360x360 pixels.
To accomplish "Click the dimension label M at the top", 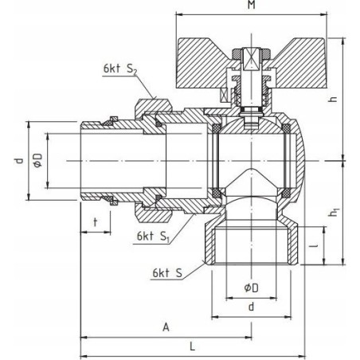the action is (x=251, y=5).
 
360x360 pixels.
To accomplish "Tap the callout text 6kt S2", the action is (x=120, y=68).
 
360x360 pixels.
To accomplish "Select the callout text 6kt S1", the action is (x=153, y=237).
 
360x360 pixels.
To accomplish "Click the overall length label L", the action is (x=193, y=346).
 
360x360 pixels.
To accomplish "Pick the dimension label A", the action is (x=166, y=327).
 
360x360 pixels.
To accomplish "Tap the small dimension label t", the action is (x=96, y=222).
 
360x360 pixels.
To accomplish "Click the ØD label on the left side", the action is (x=38, y=160).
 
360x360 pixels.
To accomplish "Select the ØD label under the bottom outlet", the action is (x=251, y=288).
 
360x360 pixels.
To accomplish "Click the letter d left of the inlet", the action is (x=18, y=161).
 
